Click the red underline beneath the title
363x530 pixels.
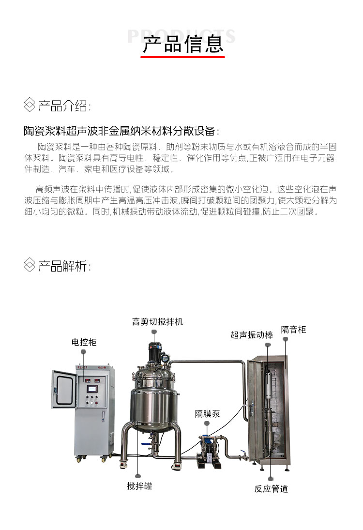point(183,57)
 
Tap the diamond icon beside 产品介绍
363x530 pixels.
point(30,105)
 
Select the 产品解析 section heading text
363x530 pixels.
point(64,266)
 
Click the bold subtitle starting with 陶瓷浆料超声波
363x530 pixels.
point(121,131)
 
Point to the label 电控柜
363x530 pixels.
point(84,342)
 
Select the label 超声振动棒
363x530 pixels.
point(252,334)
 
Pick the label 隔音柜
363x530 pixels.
point(294,330)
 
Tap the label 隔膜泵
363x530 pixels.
point(208,413)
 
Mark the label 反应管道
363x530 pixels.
point(271,488)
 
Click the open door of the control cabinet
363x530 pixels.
point(64,392)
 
